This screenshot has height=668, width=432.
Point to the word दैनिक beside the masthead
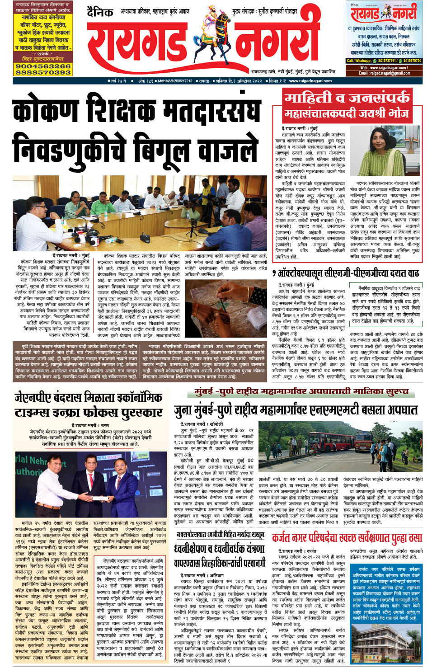(100, 13)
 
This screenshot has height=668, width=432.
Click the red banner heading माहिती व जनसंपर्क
(347, 98)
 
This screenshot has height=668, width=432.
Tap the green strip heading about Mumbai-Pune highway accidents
(301, 392)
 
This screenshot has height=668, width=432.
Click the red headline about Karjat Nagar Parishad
(347, 538)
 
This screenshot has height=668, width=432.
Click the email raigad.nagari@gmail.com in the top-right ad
(385, 73)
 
